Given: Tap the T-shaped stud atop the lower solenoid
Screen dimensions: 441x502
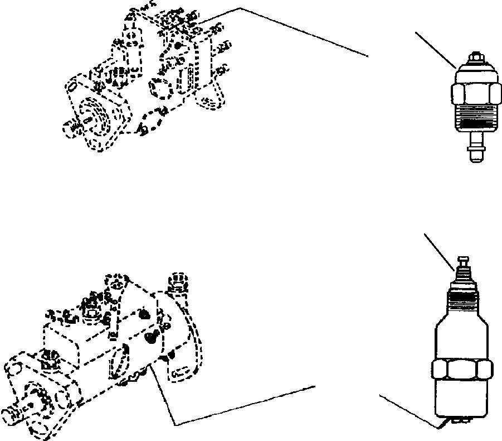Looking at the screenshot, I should [x=464, y=262].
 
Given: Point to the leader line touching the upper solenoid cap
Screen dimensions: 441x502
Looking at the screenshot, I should [x=435, y=50].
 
